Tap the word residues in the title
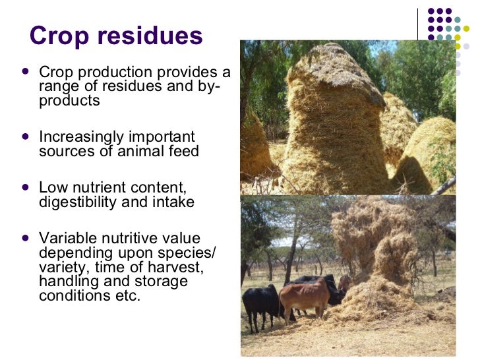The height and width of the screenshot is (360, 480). (x=147, y=36)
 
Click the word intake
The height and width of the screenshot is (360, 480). (x=173, y=202)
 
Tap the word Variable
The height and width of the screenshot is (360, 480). (x=65, y=238)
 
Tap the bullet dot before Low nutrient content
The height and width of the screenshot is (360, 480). (x=25, y=187)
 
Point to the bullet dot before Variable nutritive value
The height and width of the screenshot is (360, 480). (x=25, y=237)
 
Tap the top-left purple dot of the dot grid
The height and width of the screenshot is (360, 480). (x=431, y=11)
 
